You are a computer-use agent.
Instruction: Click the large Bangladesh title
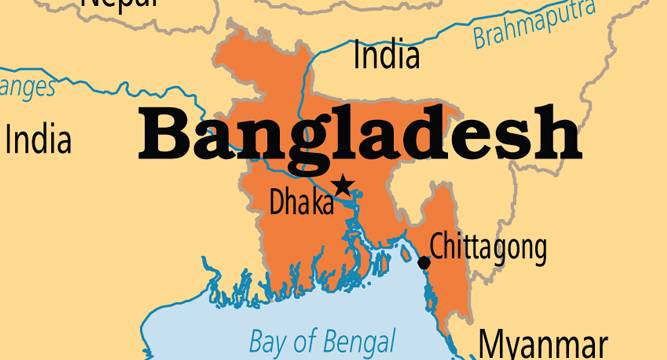358,134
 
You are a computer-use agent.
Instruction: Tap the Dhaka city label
301,203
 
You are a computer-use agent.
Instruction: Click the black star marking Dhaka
344,185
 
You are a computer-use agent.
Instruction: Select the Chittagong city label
488,245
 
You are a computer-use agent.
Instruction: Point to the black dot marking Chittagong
424,263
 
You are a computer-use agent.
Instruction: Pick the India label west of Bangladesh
38,139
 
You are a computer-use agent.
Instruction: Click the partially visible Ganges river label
28,88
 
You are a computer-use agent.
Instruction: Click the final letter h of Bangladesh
557,134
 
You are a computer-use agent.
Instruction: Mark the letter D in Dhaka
278,203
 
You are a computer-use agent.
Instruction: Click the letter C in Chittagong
437,245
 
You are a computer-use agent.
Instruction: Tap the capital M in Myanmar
491,342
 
